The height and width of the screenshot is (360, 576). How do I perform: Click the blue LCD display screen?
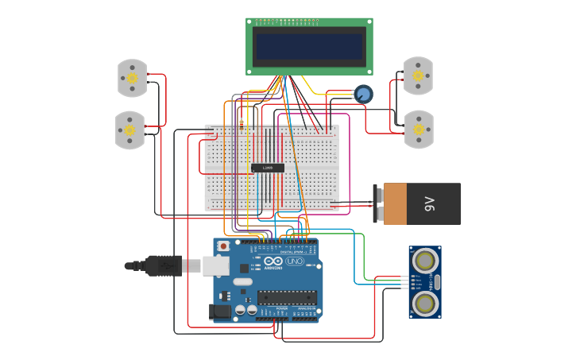[310, 46]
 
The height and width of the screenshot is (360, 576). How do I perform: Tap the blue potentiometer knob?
[363, 95]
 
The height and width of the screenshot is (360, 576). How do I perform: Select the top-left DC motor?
[132, 78]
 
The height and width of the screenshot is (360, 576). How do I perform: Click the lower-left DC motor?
[130, 130]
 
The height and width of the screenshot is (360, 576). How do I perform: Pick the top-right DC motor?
[418, 75]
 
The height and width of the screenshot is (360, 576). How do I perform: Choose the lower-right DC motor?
[419, 129]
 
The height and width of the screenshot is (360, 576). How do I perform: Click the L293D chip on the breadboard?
[268, 168]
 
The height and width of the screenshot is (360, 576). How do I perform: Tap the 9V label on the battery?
[430, 204]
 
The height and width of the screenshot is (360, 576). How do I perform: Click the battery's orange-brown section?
[395, 204]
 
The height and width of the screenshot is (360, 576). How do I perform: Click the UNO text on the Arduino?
[295, 261]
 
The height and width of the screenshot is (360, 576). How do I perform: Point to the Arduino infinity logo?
[273, 261]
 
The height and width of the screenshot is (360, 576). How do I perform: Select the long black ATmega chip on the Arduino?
[286, 297]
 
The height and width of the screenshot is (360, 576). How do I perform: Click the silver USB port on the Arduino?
[215, 265]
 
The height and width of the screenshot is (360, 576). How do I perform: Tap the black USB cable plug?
[164, 265]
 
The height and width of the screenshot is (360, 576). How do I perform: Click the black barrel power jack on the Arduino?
[220, 312]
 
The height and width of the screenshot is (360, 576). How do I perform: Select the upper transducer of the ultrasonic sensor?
[426, 260]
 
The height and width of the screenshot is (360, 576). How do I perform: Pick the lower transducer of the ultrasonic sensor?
[426, 303]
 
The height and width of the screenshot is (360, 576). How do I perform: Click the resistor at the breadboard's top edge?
[242, 123]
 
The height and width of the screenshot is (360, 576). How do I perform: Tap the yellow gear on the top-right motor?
[418, 75]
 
